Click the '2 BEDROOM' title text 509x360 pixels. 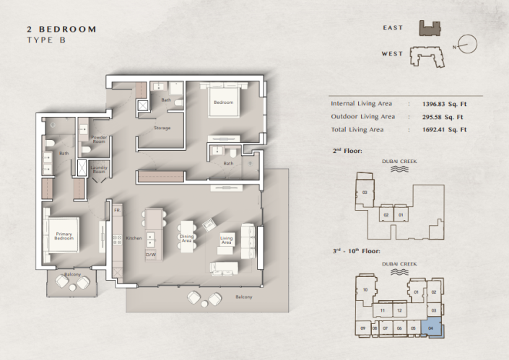pyautogui.click(x=61, y=29)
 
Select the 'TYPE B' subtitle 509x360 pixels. pyautogui.click(x=45, y=41)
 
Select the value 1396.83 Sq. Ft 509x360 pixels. pyautogui.click(x=443, y=104)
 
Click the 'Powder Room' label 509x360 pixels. pyautogui.click(x=98, y=140)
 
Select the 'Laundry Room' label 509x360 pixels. pyautogui.click(x=98, y=170)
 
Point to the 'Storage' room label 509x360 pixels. pyautogui.click(x=162, y=128)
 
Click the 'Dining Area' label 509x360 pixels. pyautogui.click(x=186, y=237)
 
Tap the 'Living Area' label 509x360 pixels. pyautogui.click(x=226, y=240)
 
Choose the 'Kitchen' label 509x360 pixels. pyautogui.click(x=134, y=237)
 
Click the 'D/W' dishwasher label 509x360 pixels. pyautogui.click(x=151, y=254)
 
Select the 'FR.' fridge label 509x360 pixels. pyautogui.click(x=116, y=211)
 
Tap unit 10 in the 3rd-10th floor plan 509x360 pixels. pyautogui.click(x=366, y=290)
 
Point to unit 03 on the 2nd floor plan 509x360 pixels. pyautogui.click(x=365, y=193)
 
